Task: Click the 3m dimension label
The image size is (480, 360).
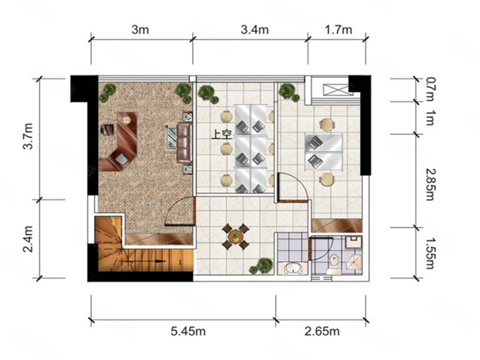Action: click(140, 29)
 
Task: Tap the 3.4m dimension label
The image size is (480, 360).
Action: click(254, 29)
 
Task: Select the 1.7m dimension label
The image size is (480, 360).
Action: click(338, 29)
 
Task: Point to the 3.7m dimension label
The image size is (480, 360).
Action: click(28, 136)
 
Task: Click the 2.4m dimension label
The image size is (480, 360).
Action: click(28, 239)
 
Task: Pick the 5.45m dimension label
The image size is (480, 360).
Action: click(188, 331)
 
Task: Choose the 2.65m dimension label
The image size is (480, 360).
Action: click(322, 331)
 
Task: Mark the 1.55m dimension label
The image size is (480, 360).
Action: click(430, 253)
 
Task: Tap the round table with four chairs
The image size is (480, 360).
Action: click(235, 236)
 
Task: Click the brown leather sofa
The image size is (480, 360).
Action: click(184, 143)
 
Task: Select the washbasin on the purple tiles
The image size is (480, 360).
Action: click(293, 269)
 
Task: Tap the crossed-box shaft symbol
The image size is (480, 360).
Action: click(336, 90)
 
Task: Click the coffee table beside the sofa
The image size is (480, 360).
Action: click(171, 139)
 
